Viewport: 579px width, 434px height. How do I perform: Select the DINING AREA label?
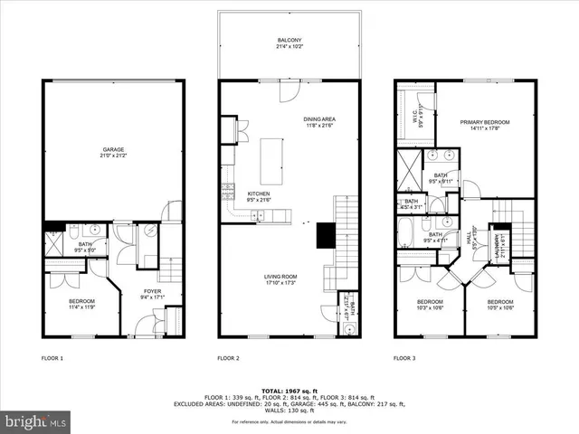pos(318,121)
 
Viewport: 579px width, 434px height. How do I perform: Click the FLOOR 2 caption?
pos(228,358)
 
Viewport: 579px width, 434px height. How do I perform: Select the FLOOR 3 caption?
pos(403,358)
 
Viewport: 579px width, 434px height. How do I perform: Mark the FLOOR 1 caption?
pos(52,358)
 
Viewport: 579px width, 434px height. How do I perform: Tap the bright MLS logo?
pos(34,421)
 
